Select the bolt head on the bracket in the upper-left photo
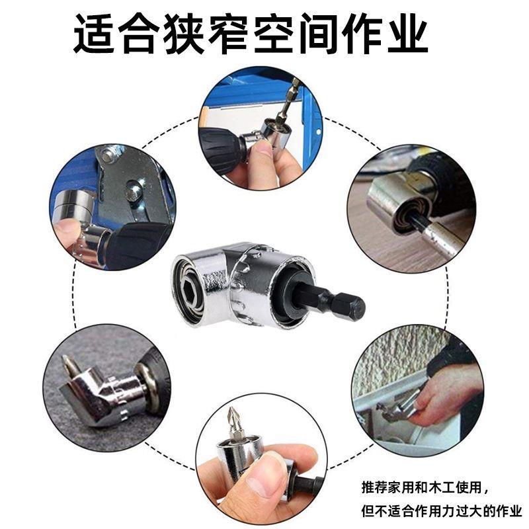(x=134, y=192)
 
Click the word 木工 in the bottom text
(x=437, y=488)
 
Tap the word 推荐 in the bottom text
(x=373, y=488)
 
